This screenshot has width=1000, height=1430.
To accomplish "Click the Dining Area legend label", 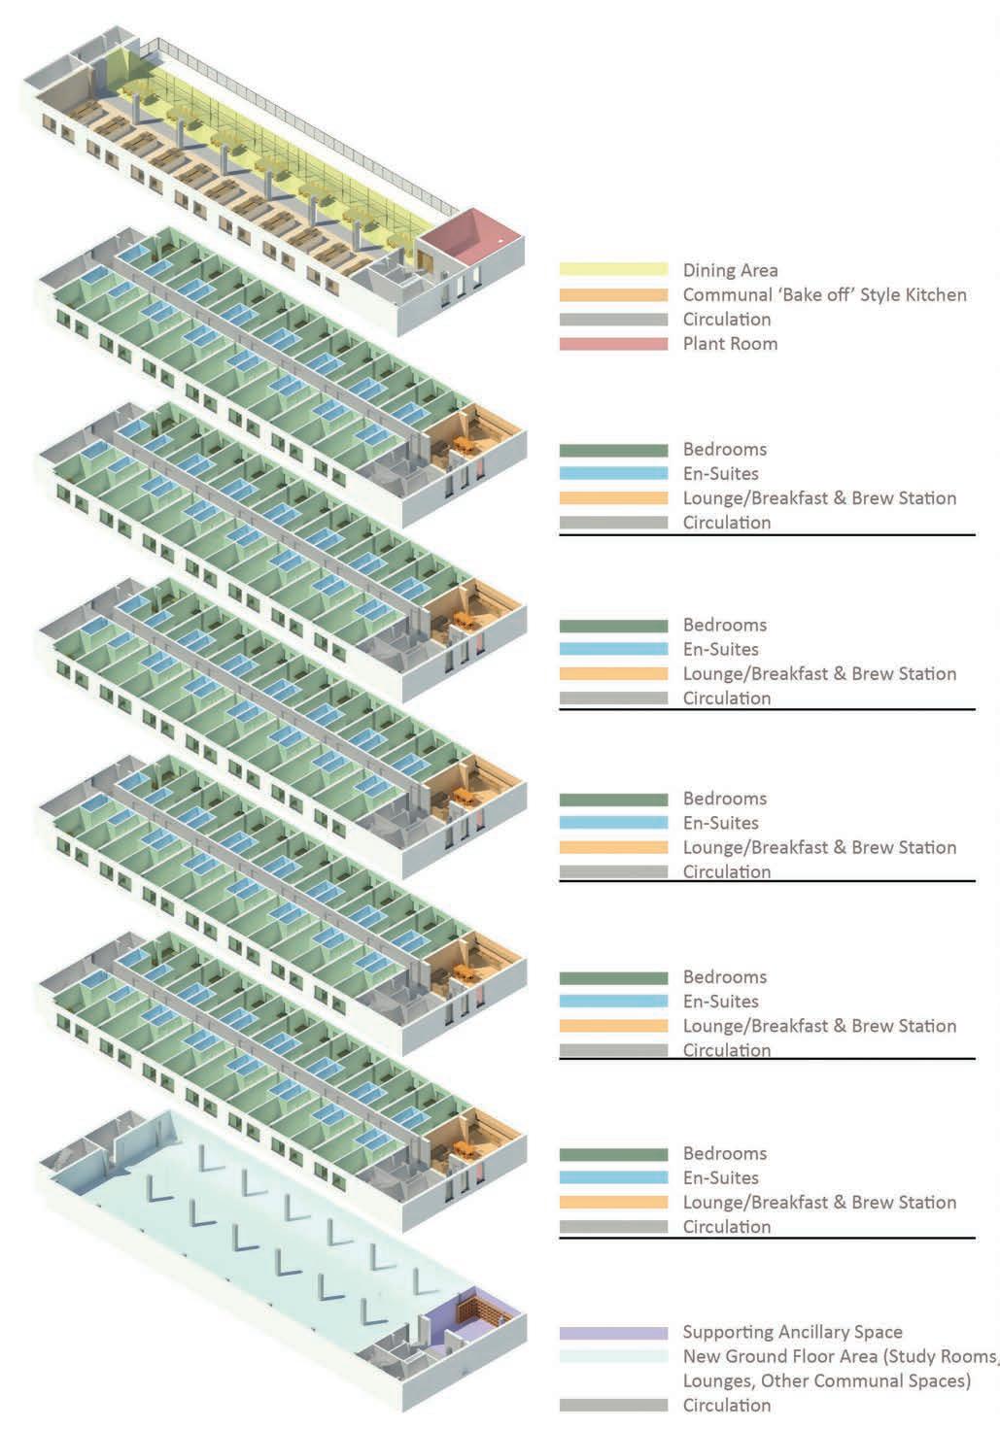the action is [x=730, y=270].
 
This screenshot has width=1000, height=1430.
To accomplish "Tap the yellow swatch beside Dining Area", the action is [x=613, y=270].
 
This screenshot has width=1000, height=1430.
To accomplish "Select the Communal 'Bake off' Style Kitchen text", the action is [x=824, y=294].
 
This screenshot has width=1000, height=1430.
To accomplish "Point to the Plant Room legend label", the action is [x=730, y=343].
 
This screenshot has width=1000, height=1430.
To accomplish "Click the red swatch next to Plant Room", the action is [x=613, y=344].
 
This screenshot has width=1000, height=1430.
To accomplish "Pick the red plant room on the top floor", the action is [x=471, y=233].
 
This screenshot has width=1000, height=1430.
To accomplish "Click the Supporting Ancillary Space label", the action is [x=792, y=1332].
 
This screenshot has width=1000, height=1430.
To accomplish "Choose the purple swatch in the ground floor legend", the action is [x=613, y=1333].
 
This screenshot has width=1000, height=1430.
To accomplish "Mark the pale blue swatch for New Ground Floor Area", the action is [x=613, y=1357].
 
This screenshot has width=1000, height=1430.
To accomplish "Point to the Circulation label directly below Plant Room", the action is [x=727, y=319].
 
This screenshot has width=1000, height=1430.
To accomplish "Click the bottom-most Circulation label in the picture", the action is [x=727, y=1405].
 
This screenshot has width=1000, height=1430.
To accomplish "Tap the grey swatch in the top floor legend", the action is [x=613, y=320].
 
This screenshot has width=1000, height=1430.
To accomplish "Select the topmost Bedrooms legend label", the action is [x=725, y=449].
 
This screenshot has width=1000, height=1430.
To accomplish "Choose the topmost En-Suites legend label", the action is [x=720, y=473].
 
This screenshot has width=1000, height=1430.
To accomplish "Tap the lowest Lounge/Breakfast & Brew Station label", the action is [x=819, y=1202].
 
